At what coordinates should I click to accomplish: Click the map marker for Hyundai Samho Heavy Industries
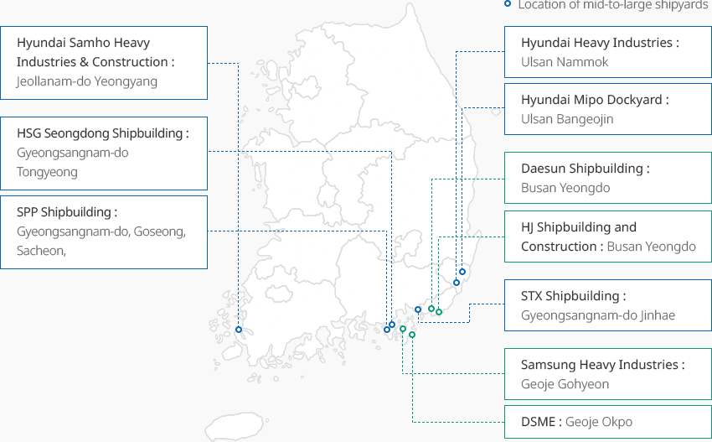point(239,330)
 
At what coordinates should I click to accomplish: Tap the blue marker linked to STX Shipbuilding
point(418,309)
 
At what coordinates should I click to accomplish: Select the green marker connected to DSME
point(412,335)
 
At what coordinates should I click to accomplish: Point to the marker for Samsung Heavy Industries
point(403,329)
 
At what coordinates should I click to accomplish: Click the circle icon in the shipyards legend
point(508,4)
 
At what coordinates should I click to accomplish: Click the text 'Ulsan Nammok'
point(565,62)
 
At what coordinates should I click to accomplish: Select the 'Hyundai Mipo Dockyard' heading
point(594,100)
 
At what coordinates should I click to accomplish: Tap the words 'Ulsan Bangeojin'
point(567,119)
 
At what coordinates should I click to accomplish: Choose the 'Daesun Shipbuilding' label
point(584,169)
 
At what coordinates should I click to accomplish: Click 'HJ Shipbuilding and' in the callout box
point(579,227)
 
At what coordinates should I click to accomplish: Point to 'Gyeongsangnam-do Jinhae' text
point(598,315)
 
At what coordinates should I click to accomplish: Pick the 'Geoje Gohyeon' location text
point(565,384)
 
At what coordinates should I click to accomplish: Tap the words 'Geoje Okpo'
point(599,422)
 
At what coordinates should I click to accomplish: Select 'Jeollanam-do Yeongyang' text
point(86,81)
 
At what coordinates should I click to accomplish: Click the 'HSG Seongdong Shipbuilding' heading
point(101,133)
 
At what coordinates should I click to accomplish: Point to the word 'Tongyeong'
point(47,172)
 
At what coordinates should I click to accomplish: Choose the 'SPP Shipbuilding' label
point(66,212)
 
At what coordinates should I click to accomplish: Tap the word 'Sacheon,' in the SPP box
point(41,251)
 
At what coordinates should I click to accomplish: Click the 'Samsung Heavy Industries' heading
point(601,365)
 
